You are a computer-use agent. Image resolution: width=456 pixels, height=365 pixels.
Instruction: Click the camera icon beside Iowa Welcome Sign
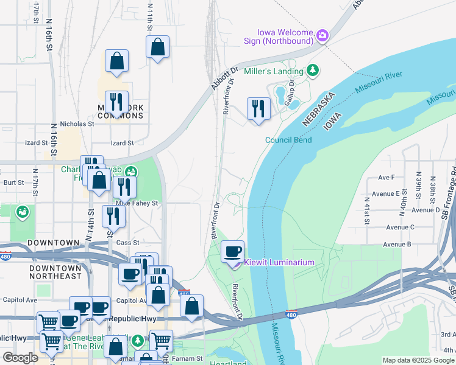[x=322, y=36]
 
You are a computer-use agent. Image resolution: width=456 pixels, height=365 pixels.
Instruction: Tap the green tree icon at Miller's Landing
[x=313, y=71]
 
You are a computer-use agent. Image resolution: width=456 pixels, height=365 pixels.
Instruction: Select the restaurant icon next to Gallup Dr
[x=258, y=109]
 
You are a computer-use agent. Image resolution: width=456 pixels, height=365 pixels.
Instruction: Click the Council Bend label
[x=288, y=140]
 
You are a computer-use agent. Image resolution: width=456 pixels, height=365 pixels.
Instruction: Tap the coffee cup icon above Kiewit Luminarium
[x=232, y=252]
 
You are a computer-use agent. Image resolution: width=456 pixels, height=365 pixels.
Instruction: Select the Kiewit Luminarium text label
[x=279, y=263]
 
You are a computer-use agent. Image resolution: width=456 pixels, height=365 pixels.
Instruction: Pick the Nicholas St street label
[x=77, y=123]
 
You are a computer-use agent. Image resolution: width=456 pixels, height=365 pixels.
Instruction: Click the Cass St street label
[x=127, y=243]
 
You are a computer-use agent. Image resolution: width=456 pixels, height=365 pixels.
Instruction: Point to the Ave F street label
[x=387, y=178]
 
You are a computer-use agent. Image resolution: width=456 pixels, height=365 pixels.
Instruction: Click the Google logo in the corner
[x=20, y=358]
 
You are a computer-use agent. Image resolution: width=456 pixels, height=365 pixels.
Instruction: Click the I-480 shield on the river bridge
[x=291, y=313]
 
